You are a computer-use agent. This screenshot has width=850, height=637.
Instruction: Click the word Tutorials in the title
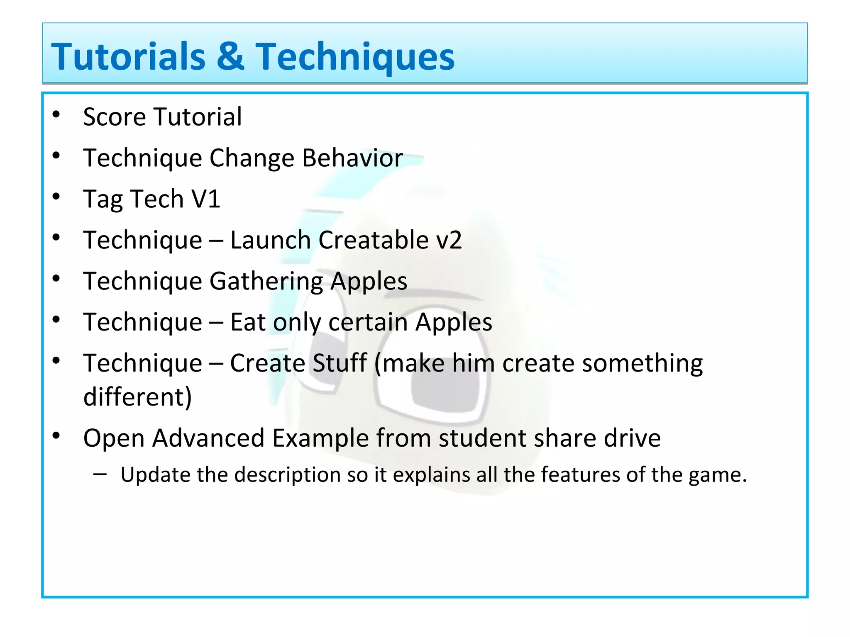click(128, 57)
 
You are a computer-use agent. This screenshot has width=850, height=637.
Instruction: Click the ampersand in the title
click(230, 57)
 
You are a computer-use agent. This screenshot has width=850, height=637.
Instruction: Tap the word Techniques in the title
click(355, 57)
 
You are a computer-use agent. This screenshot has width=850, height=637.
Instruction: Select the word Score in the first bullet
click(115, 117)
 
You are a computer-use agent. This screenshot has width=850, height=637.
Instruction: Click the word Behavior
click(352, 158)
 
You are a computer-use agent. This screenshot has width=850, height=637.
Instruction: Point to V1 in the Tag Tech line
click(205, 199)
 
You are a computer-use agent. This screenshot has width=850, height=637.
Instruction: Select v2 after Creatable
click(448, 240)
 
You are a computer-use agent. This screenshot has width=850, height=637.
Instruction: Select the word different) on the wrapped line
click(137, 397)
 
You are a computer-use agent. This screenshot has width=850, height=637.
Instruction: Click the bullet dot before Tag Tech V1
click(56, 197)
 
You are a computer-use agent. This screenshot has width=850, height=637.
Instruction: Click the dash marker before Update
click(100, 473)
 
